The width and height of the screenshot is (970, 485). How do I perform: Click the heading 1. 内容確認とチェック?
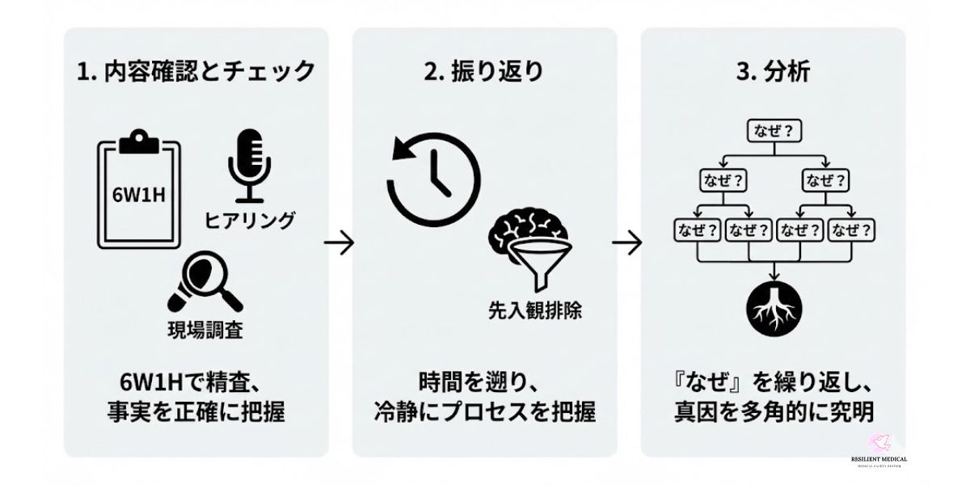[x=196, y=71]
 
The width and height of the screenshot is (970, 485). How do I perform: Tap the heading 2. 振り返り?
[x=484, y=71]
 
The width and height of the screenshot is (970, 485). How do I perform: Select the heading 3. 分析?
[x=774, y=71]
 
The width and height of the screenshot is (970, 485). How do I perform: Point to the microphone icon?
[x=248, y=165]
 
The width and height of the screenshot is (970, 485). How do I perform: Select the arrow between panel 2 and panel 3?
[x=627, y=242]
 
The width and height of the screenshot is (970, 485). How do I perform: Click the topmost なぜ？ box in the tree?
[x=774, y=129]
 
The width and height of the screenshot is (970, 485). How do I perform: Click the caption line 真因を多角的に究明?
[x=774, y=412]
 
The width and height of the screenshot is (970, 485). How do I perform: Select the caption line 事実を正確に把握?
[x=196, y=412]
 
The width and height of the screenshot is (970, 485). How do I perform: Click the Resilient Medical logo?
[x=879, y=450]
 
